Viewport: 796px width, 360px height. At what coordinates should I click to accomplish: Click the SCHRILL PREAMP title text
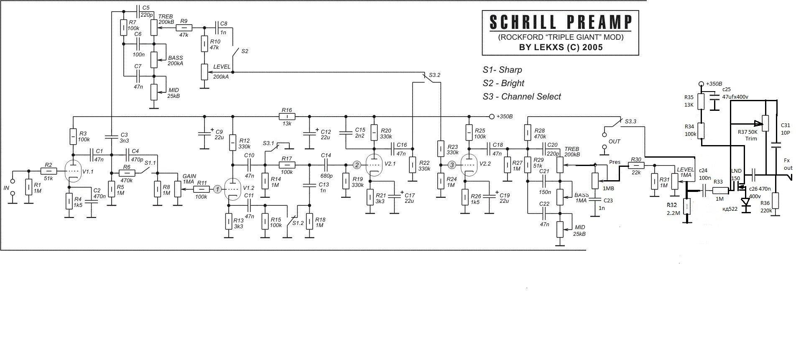pos(560,22)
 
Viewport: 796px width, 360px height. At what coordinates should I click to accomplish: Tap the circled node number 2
pos(357,165)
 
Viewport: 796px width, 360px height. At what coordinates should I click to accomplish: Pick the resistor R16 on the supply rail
pos(287,116)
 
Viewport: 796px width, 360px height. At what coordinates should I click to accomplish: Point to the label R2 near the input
pos(48,165)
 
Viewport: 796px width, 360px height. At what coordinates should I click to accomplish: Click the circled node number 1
pos(217,189)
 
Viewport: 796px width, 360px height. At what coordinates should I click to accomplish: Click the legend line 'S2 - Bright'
pos(503,83)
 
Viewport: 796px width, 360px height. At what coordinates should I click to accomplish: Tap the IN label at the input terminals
pos(6,189)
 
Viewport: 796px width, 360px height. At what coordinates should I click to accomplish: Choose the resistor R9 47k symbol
pos(184,28)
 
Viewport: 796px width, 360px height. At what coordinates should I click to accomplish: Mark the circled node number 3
pos(452,165)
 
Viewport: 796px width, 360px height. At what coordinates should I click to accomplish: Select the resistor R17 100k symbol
pos(287,165)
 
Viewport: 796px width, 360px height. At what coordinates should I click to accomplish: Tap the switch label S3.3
pos(631,122)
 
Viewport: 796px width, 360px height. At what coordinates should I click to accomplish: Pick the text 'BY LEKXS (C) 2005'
pos(561,47)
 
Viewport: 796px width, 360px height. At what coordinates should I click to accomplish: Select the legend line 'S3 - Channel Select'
pos(522,97)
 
